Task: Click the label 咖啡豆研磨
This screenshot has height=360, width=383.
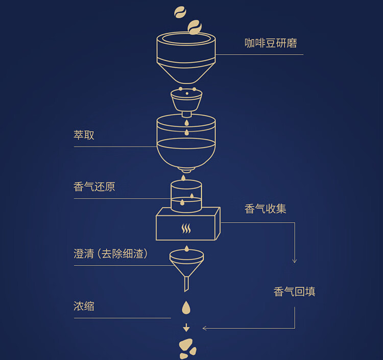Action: coord(271,43)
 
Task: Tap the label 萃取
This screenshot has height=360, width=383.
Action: coord(84,136)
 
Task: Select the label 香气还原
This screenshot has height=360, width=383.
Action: coord(94,187)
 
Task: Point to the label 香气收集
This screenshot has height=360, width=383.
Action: coord(266,209)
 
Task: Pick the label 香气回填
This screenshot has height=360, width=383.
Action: coord(295,292)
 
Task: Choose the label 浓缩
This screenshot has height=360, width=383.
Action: coord(84,306)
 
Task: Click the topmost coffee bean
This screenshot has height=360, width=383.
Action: coord(180,11)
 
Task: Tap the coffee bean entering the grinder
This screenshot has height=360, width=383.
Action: coord(195,27)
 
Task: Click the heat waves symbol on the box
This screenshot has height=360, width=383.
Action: coord(186,228)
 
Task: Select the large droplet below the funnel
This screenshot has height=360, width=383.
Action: coord(186,308)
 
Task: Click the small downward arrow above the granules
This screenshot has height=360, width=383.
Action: coord(186,327)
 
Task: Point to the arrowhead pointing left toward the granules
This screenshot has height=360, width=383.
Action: coord(205,328)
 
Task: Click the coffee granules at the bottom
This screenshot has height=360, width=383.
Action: coord(187,348)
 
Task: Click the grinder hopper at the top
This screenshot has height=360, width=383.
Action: coord(186,56)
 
